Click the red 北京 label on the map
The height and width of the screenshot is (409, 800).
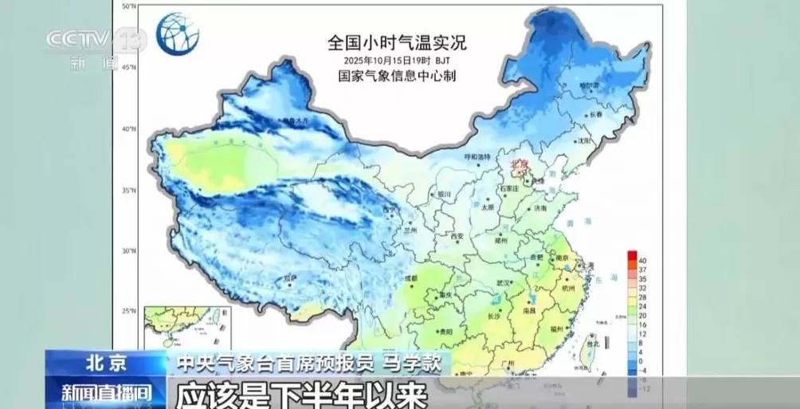coord(520,163)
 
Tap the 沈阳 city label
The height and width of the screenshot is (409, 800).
coord(586,140)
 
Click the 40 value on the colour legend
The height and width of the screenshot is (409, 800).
coord(641,260)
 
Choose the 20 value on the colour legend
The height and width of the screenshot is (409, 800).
coord(641,316)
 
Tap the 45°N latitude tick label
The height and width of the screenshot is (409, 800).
coord(129,67)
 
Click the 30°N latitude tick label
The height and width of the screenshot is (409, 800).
coord(129,250)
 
